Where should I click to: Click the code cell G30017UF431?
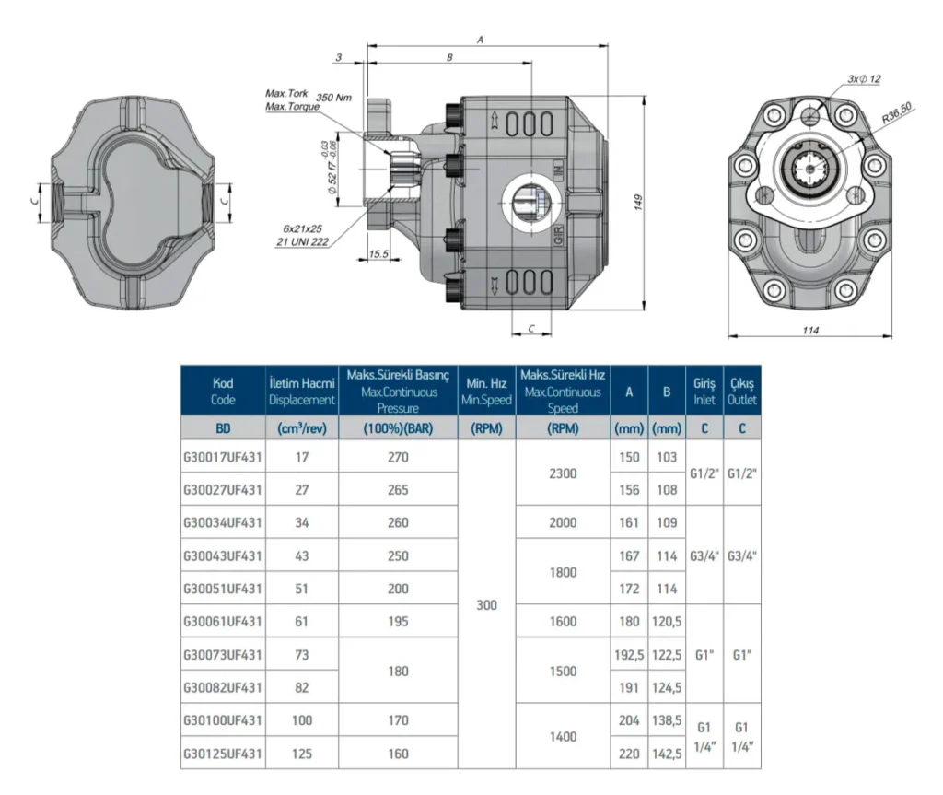pos(223,457)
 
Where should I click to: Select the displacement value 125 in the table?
pos(302,753)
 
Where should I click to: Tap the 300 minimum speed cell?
pos(486,605)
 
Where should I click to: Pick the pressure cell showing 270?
pos(398,457)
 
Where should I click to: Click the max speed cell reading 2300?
pos(563,473)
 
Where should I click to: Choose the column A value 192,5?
pos(629,654)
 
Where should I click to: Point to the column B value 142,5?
pos(667,753)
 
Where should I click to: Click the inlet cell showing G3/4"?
pos(704,555)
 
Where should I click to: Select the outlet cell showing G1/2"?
pos(742,473)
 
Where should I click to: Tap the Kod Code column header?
pos(223,392)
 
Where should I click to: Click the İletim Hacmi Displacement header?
pos(302,392)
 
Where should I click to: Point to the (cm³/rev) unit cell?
pos(302,428)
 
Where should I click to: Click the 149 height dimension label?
pos(638,202)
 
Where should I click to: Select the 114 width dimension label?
pos(810,330)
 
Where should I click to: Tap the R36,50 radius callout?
pos(897,112)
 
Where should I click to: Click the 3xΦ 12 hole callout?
pos(864,79)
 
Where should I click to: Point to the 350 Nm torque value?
pos(333,98)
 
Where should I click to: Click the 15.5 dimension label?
pos(378,254)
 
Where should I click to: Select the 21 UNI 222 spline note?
pos(302,242)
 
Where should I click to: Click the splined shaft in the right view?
pos(810,170)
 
